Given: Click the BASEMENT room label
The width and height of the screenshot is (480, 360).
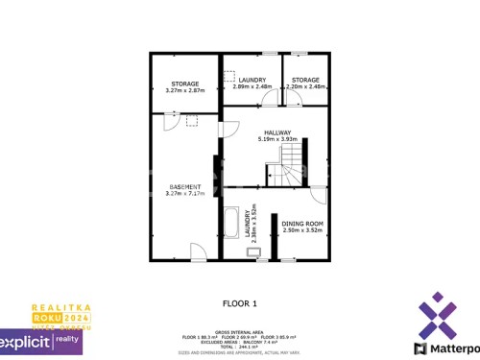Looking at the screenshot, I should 185,186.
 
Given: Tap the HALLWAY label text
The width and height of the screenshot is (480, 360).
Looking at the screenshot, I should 277,133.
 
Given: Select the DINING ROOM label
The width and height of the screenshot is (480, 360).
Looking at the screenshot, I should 301,224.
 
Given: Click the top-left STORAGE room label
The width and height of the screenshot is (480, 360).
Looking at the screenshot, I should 185,84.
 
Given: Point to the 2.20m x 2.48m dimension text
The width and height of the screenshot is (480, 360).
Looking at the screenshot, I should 306,86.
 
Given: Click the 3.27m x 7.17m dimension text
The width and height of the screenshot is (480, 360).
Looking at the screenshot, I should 185,194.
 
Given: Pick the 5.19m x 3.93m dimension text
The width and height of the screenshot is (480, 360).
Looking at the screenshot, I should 277,140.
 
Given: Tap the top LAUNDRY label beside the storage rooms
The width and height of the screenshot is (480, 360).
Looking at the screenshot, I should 252,80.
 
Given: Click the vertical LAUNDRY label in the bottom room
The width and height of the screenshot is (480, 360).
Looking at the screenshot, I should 248,220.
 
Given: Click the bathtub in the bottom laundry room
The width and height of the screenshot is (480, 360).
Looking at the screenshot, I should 230,224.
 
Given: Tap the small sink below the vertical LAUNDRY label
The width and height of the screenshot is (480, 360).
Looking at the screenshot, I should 253,252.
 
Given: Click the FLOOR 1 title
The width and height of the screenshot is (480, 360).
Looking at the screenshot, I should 240,304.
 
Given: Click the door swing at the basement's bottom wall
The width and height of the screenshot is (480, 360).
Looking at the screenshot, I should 198,252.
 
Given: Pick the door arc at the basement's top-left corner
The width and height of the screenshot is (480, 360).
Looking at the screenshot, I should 168,122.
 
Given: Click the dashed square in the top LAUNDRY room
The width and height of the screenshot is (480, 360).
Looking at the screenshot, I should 228,75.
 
